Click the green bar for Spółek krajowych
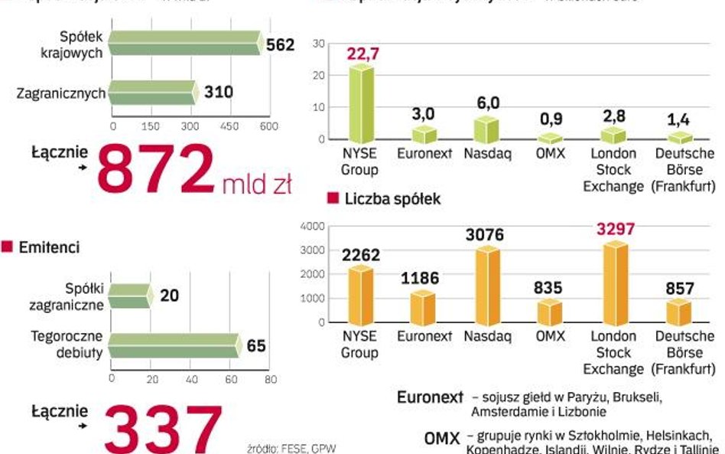[184, 44]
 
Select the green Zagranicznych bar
[151, 93]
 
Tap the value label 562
[280, 45]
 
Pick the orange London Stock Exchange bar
[616, 283]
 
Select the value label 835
[548, 288]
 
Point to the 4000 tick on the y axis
[313, 226]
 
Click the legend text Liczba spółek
[392, 199]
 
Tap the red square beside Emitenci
[8, 247]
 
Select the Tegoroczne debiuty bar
[174, 346]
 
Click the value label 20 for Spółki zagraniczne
[169, 295]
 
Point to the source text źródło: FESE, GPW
[291, 447]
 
